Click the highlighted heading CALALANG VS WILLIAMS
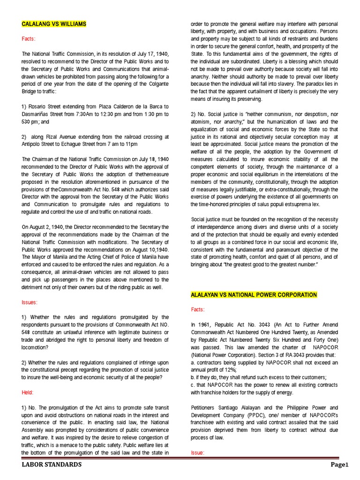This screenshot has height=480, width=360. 54,23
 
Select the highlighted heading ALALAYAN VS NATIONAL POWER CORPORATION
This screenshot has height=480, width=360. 254,294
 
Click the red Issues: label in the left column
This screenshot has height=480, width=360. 30,302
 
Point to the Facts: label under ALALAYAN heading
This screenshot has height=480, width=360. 198,309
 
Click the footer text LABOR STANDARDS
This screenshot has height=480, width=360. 52,465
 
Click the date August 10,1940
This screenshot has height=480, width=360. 153,250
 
